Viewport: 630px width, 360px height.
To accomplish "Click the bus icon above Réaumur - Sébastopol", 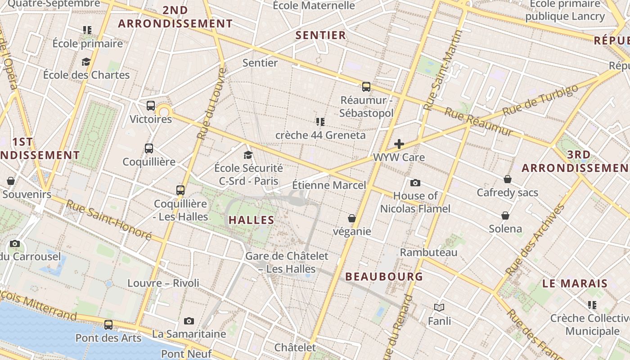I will click(366, 86).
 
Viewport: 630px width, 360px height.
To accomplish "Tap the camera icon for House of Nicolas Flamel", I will click(415, 183).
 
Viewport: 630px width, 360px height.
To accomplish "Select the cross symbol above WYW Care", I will click(399, 144).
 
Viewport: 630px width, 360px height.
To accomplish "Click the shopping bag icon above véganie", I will click(352, 218).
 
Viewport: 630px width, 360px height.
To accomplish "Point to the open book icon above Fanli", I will click(439, 307).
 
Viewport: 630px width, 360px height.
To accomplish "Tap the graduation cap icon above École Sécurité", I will click(248, 155).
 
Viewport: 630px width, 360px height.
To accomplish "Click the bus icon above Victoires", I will click(151, 106).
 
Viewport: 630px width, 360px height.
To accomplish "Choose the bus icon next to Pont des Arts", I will click(108, 324).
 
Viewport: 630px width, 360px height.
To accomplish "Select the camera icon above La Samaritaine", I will click(189, 321).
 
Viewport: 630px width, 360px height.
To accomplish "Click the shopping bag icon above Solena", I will click(505, 215).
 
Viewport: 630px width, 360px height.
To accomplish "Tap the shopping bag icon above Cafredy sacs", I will click(508, 179).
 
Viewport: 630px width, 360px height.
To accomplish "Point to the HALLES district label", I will click(251, 220).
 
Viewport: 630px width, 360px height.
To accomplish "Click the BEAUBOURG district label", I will click(384, 276).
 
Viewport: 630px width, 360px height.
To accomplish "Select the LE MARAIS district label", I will click(575, 283).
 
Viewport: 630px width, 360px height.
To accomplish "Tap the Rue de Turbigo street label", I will click(540, 99).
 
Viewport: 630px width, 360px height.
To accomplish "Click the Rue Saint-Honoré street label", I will click(109, 220).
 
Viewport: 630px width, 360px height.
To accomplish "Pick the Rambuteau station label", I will click(428, 252).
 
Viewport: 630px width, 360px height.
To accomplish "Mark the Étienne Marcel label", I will click(329, 185).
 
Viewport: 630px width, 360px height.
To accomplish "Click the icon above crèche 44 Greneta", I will click(320, 121).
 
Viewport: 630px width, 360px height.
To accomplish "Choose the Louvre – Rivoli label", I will click(163, 283).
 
